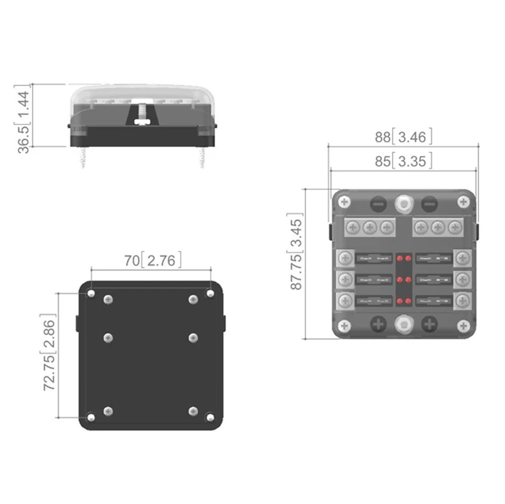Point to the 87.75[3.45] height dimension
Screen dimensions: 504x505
(296, 254)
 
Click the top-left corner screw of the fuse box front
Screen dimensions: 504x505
(345, 202)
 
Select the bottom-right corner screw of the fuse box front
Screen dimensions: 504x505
(463, 326)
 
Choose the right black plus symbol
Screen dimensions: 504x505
(430, 324)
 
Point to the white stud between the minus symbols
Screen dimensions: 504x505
(403, 203)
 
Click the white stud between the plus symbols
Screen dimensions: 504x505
(403, 324)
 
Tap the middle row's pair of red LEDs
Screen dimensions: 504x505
(403, 280)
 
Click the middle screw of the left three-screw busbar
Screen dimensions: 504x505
(370, 228)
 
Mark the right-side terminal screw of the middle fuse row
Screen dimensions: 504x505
(462, 280)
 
